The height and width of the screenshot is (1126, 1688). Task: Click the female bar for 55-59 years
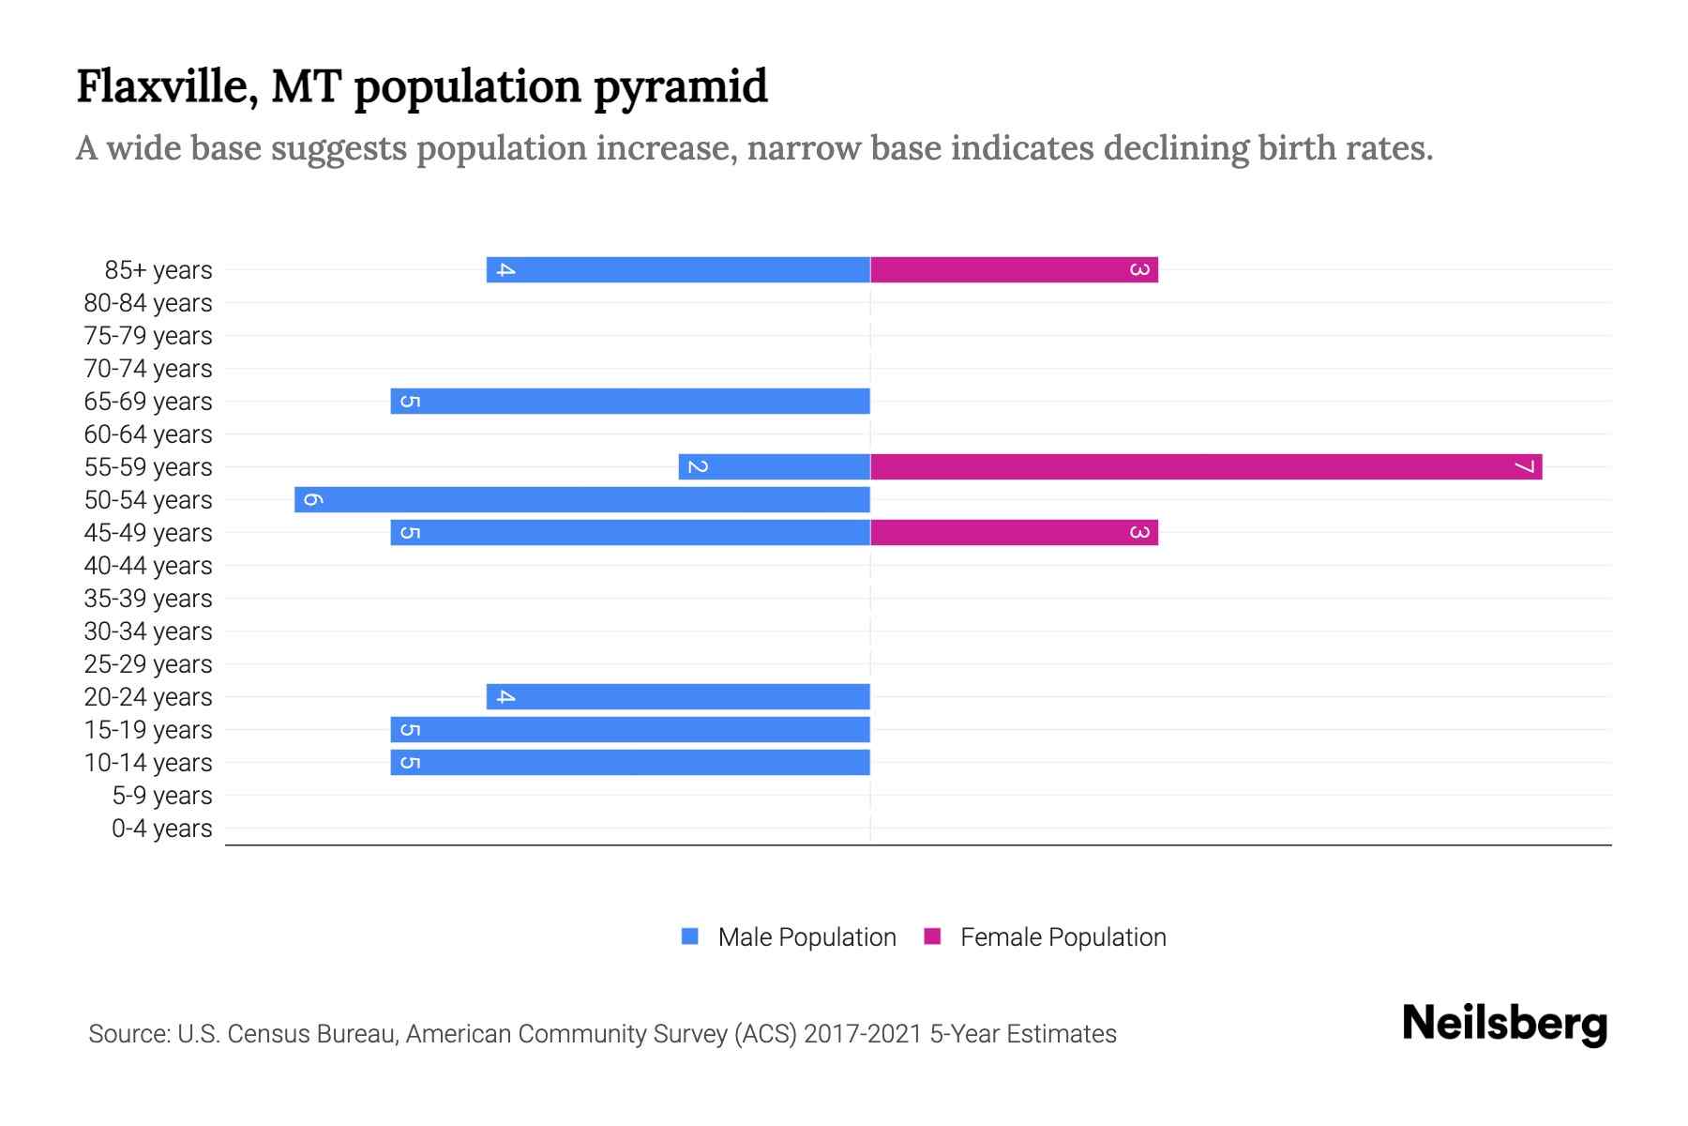[1206, 466]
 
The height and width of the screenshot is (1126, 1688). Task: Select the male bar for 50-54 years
[582, 499]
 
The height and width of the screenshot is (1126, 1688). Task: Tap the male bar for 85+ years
[678, 269]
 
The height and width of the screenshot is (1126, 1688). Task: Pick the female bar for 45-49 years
[1014, 532]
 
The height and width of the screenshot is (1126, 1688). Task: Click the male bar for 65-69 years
[630, 401]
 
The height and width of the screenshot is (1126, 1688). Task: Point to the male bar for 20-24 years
[678, 696]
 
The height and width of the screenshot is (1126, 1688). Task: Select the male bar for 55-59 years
[775, 466]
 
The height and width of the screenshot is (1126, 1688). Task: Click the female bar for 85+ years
[1014, 269]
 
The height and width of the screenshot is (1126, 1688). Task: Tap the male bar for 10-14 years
[630, 762]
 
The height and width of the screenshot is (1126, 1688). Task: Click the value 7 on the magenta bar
[1524, 466]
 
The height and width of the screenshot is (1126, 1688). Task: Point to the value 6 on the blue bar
[313, 499]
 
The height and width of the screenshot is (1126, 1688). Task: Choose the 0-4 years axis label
[161, 828]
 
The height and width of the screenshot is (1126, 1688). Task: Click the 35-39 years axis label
[148, 598]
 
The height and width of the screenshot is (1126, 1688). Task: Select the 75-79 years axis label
[148, 335]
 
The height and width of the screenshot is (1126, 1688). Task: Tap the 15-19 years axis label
[148, 729]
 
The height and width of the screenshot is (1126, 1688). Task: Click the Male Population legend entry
[806, 936]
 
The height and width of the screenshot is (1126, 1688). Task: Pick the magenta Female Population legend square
[932, 936]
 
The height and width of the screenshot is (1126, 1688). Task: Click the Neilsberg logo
[1504, 1023]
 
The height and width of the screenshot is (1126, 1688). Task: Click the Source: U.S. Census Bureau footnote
[602, 1033]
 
